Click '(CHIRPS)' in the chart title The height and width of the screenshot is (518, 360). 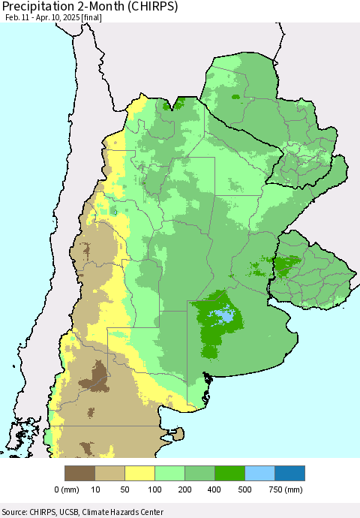150,8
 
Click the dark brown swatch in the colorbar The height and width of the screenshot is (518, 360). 80,473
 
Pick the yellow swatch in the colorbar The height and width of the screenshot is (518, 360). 140,473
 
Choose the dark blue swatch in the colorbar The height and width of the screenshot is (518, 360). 289,473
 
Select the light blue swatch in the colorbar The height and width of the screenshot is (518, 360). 259,473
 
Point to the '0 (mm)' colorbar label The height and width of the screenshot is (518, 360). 67,490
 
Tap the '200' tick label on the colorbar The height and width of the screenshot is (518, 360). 185,490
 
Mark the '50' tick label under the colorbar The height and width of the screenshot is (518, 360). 125,490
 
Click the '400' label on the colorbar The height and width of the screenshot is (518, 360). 215,490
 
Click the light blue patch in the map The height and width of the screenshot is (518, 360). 223,316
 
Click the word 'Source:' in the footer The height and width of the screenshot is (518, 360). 16,512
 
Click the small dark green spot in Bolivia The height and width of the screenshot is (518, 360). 235,97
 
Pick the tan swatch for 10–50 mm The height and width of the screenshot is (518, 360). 110,473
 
